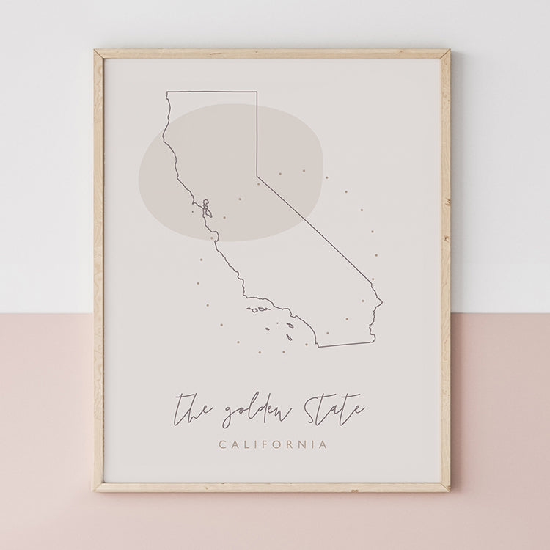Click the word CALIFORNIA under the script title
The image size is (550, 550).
[272, 444]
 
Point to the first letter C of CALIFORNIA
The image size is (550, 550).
[222, 444]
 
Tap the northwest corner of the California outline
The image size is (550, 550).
[167, 92]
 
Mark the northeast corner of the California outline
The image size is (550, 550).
[257, 92]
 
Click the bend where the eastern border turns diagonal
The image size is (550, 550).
[257, 176]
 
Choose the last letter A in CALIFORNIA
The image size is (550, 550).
[323, 444]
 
